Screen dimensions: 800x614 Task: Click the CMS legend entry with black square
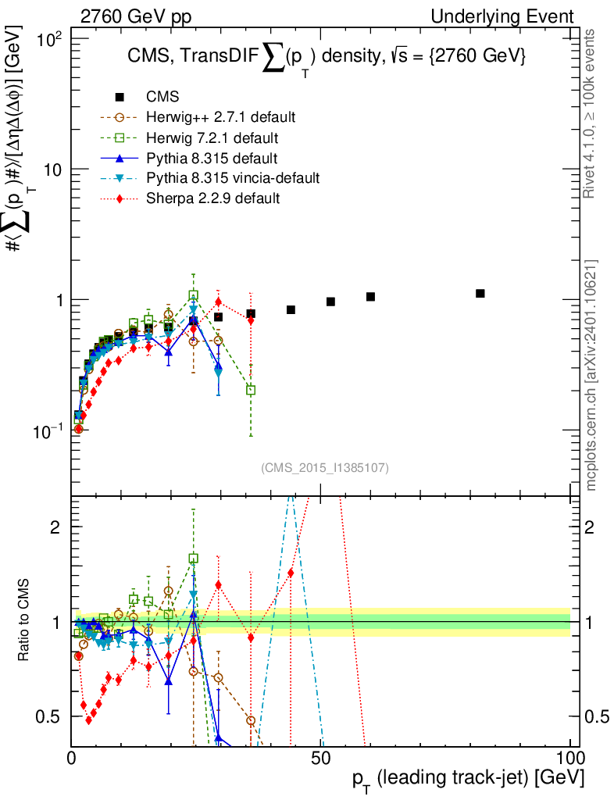pyautogui.click(x=162, y=97)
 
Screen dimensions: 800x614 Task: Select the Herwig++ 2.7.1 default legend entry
pyautogui.click(x=220, y=117)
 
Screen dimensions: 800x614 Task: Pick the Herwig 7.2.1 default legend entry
pyautogui.click(x=212, y=137)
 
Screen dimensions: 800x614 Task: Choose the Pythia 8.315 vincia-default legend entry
pyautogui.click(x=233, y=178)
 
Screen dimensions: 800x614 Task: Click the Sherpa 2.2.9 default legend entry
pyautogui.click(x=212, y=198)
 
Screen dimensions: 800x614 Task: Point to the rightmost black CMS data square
pyautogui.click(x=480, y=293)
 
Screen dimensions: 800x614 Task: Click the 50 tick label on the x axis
pyautogui.click(x=321, y=758)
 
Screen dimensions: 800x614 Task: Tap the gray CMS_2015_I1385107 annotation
pyautogui.click(x=325, y=467)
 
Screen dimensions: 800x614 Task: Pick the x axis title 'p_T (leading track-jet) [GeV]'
pyautogui.click(x=467, y=779)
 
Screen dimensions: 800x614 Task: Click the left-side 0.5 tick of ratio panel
pyautogui.click(x=52, y=716)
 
